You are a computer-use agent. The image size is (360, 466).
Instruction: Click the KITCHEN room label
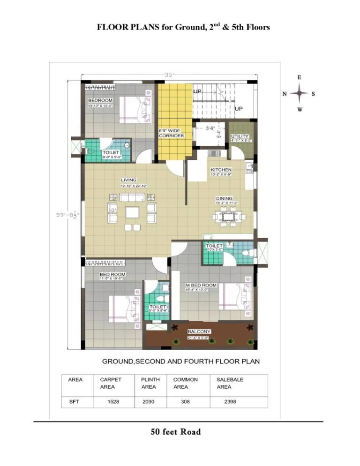(221, 169)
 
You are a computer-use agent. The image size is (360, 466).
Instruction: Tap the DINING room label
(224, 198)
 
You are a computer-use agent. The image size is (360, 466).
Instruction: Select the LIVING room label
(128, 180)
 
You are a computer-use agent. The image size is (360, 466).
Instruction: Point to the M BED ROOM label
(201, 285)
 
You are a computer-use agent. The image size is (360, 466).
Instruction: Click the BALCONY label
(199, 331)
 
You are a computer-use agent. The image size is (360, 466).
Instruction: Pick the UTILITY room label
(240, 136)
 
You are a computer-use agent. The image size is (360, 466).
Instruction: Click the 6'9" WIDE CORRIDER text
(171, 133)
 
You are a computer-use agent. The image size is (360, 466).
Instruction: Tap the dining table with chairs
(228, 217)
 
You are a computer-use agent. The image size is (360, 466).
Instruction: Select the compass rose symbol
(299, 94)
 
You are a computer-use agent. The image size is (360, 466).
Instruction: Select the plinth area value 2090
(148, 402)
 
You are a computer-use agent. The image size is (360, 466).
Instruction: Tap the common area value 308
(185, 402)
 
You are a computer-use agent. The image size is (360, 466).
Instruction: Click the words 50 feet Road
(175, 432)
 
